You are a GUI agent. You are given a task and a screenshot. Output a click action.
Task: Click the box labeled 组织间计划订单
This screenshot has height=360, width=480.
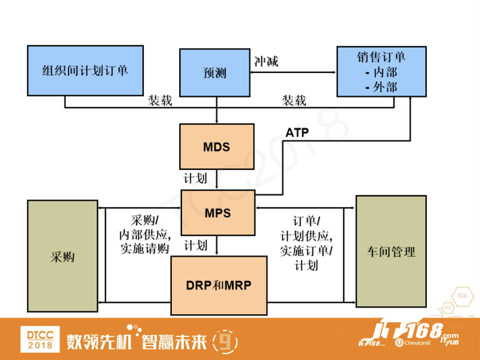point(85,71)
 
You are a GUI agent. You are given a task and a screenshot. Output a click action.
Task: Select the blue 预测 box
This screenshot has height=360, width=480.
point(215,72)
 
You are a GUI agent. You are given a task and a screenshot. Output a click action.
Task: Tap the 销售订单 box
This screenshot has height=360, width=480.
point(381,72)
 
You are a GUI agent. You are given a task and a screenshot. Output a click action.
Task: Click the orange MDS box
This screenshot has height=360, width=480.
point(217,147)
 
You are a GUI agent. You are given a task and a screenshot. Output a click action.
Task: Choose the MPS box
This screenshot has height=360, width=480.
point(218,213)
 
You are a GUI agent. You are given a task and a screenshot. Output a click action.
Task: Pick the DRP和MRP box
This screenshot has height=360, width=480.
point(219,285)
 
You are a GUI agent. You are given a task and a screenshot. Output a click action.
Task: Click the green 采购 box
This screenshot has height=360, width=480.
point(63,256)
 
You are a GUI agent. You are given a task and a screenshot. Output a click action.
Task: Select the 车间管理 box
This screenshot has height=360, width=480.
point(391,252)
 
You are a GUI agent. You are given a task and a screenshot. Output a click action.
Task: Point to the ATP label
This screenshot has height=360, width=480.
point(297,133)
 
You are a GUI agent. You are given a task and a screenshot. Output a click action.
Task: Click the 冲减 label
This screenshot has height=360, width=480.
point(267,62)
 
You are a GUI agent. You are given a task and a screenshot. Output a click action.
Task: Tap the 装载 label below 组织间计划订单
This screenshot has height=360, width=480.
point(160,100)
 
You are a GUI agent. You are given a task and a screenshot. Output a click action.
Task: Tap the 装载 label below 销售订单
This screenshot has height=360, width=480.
point(294,100)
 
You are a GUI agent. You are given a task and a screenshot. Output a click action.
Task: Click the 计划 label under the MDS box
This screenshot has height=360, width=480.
point(196,179)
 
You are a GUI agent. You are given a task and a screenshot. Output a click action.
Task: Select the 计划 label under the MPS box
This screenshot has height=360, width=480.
point(196,245)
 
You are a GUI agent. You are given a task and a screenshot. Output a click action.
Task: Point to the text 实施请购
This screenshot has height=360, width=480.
point(145,248)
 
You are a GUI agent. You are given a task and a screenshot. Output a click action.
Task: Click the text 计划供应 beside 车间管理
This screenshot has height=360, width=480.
point(304,236)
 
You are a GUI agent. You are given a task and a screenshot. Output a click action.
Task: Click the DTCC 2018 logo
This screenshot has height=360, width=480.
point(40,339)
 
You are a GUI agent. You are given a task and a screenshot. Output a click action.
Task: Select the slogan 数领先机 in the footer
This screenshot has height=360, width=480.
point(99,341)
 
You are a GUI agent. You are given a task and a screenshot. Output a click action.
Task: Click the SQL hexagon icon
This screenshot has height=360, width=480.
point(463,295)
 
